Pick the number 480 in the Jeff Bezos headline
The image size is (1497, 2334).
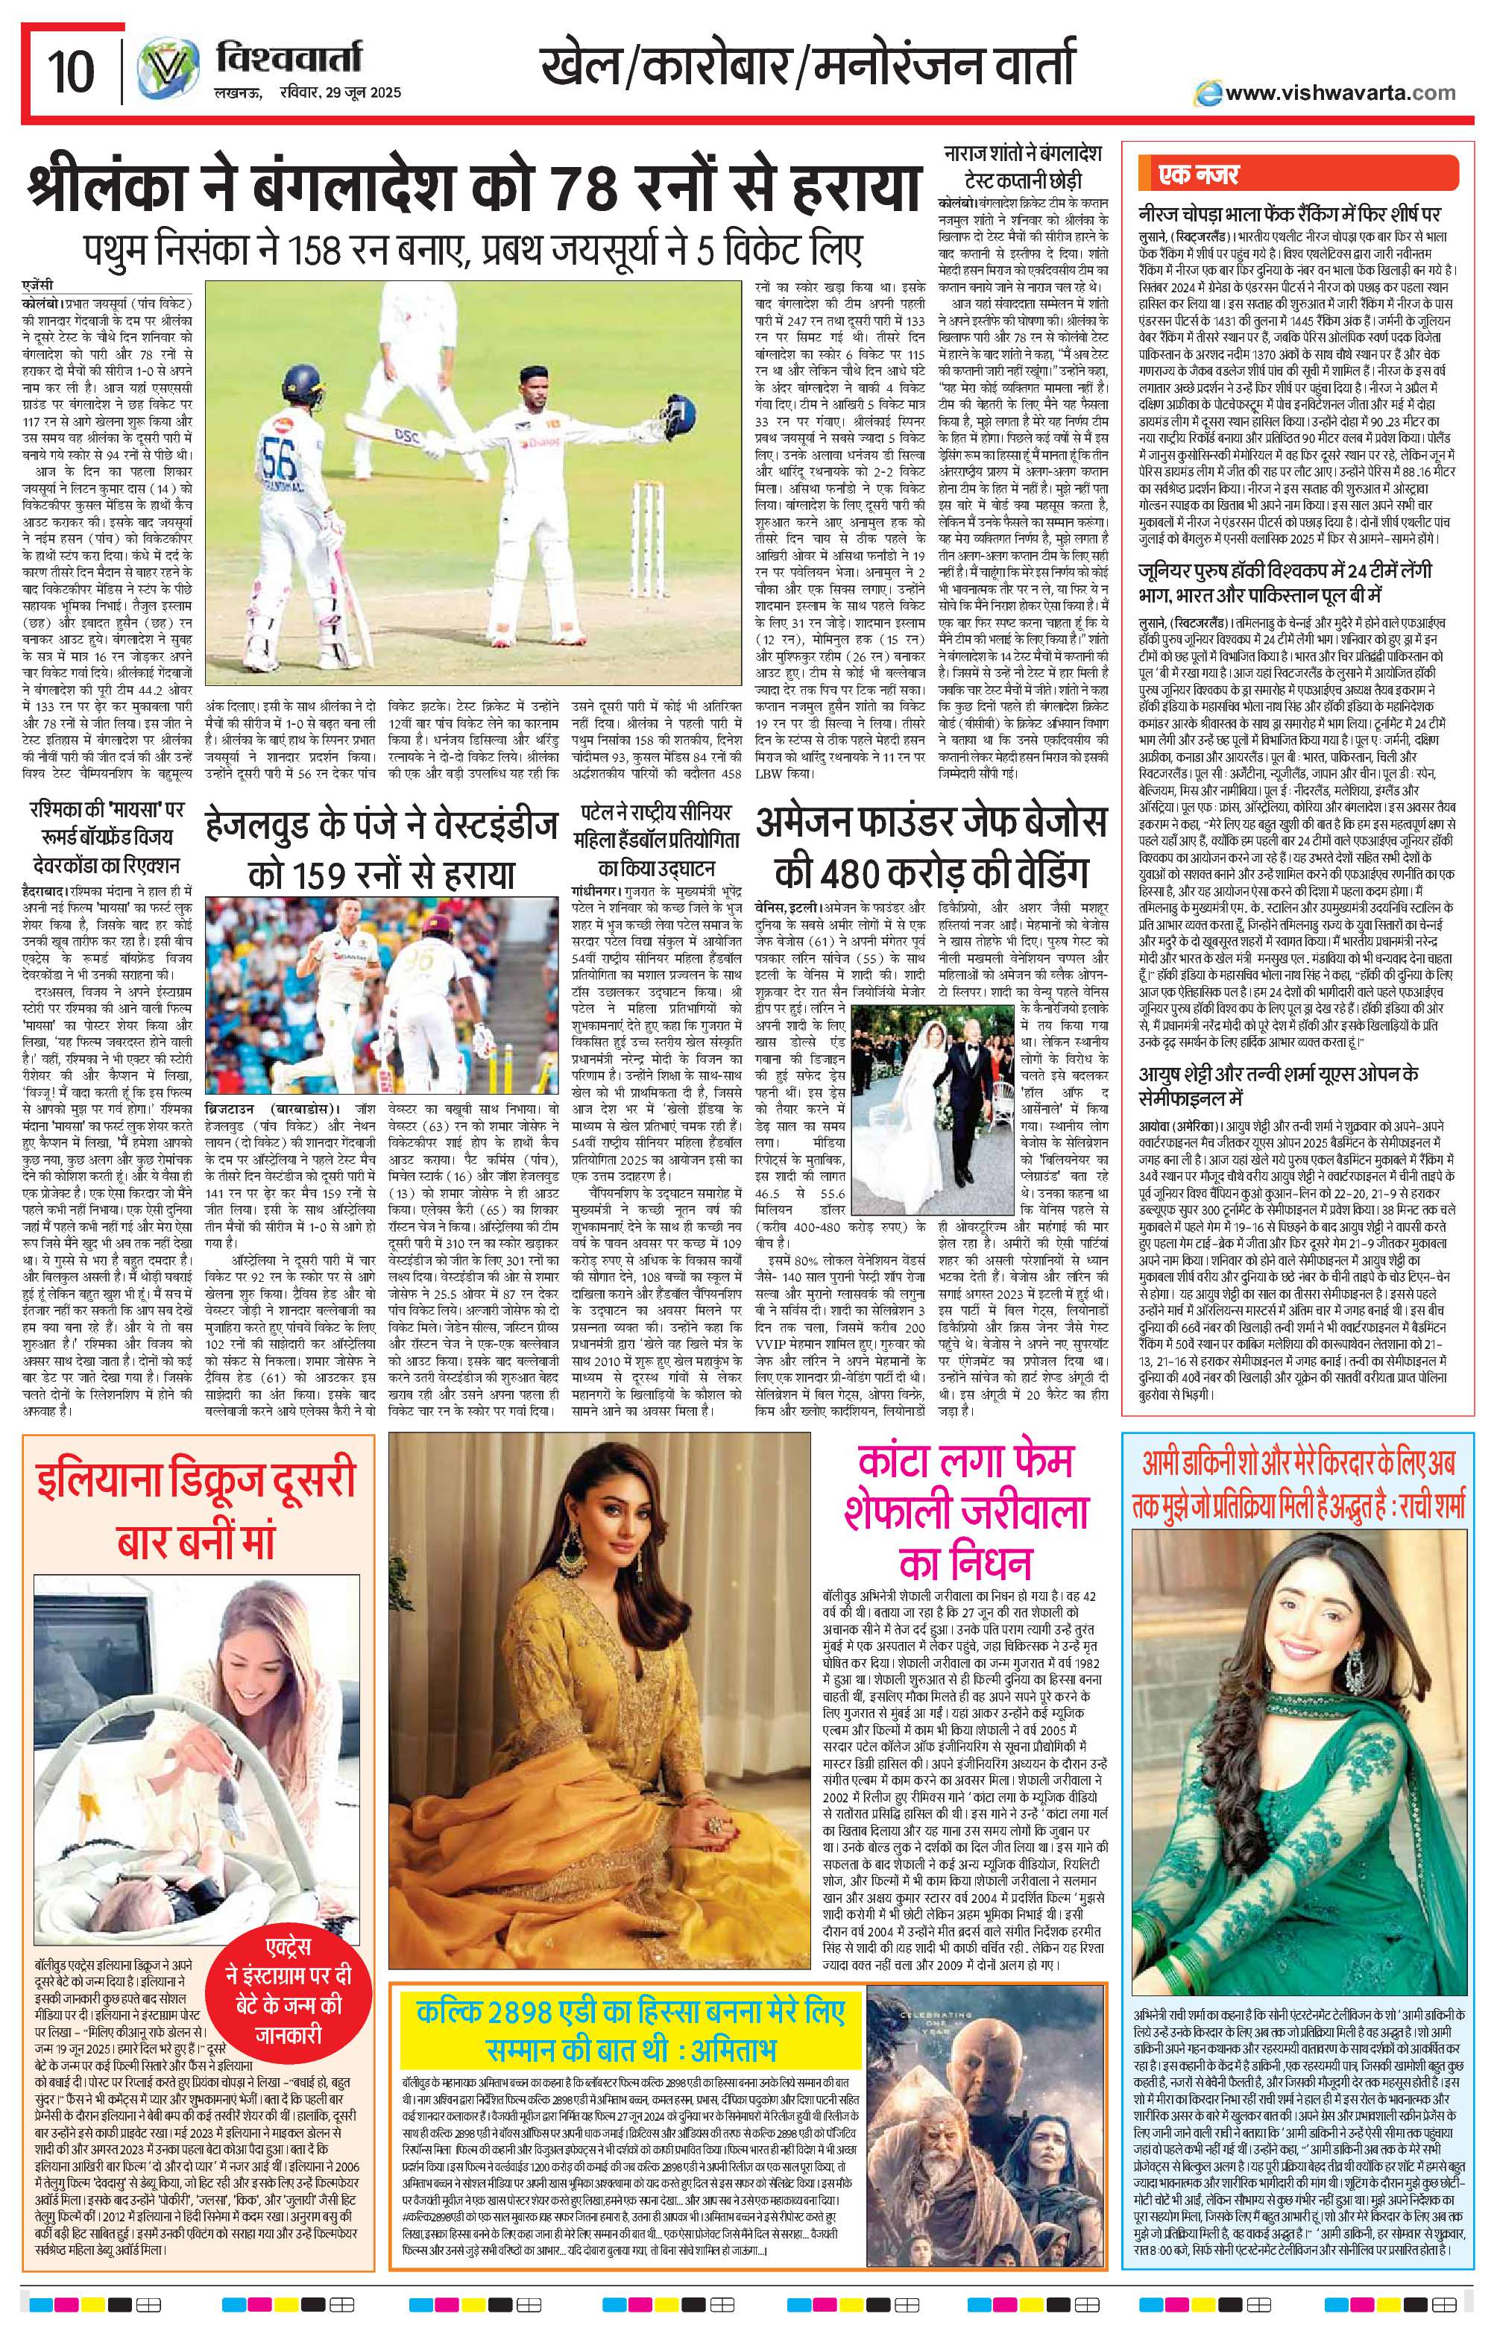coord(836,869)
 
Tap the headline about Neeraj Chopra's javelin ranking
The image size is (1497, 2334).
coord(1289,214)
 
